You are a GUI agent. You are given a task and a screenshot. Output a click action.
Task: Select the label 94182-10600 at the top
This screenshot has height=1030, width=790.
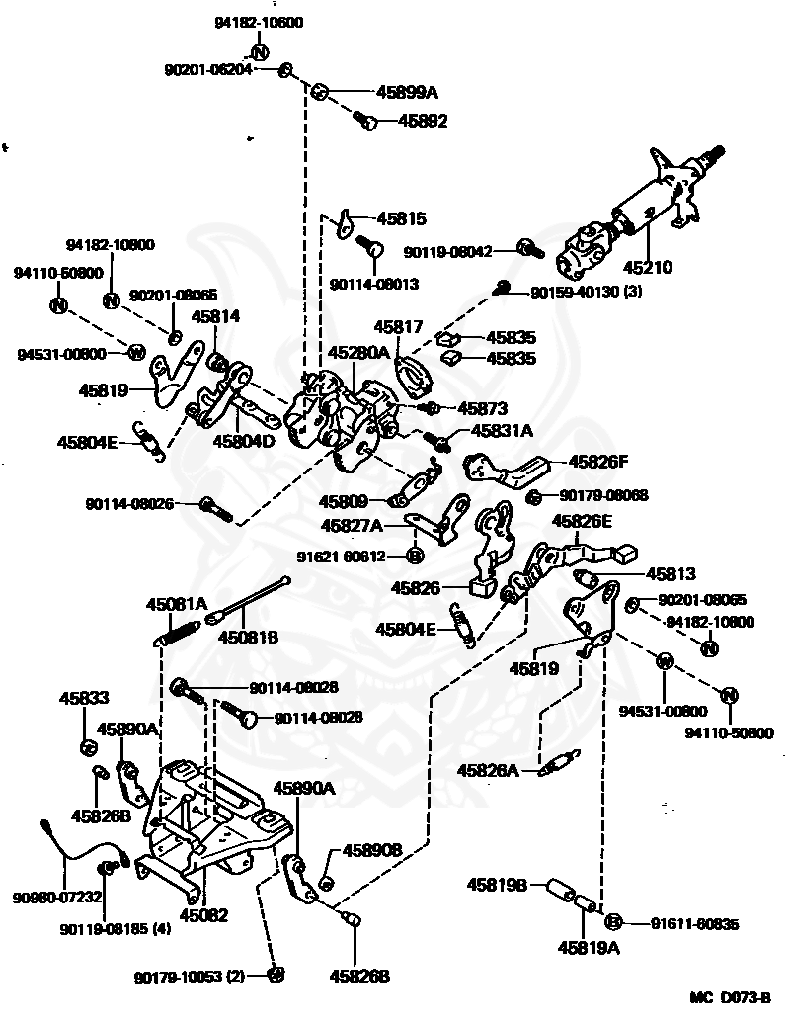[260, 22]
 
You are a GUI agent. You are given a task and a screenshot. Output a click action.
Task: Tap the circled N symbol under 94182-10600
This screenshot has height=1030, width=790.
[259, 51]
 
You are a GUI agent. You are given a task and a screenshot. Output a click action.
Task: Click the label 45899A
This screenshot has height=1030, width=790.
[407, 92]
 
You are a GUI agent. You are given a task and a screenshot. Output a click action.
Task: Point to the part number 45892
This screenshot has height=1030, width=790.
[423, 122]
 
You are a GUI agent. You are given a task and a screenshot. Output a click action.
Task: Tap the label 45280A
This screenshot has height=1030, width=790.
[357, 352]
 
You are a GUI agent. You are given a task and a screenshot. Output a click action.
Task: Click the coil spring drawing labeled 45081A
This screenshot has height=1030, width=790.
[182, 630]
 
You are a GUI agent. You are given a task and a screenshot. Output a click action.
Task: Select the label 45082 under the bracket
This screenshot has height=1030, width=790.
[204, 915]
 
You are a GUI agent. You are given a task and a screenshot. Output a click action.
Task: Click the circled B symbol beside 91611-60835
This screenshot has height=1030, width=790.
[613, 922]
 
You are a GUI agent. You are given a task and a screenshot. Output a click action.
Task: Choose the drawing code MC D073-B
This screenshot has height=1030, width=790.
[730, 998]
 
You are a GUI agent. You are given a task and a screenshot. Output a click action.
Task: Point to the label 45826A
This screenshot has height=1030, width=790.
[488, 769]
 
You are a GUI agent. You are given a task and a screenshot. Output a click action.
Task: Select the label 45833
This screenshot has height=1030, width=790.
[90, 698]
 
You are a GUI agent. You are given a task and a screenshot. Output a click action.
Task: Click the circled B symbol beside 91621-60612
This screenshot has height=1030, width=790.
[416, 554]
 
